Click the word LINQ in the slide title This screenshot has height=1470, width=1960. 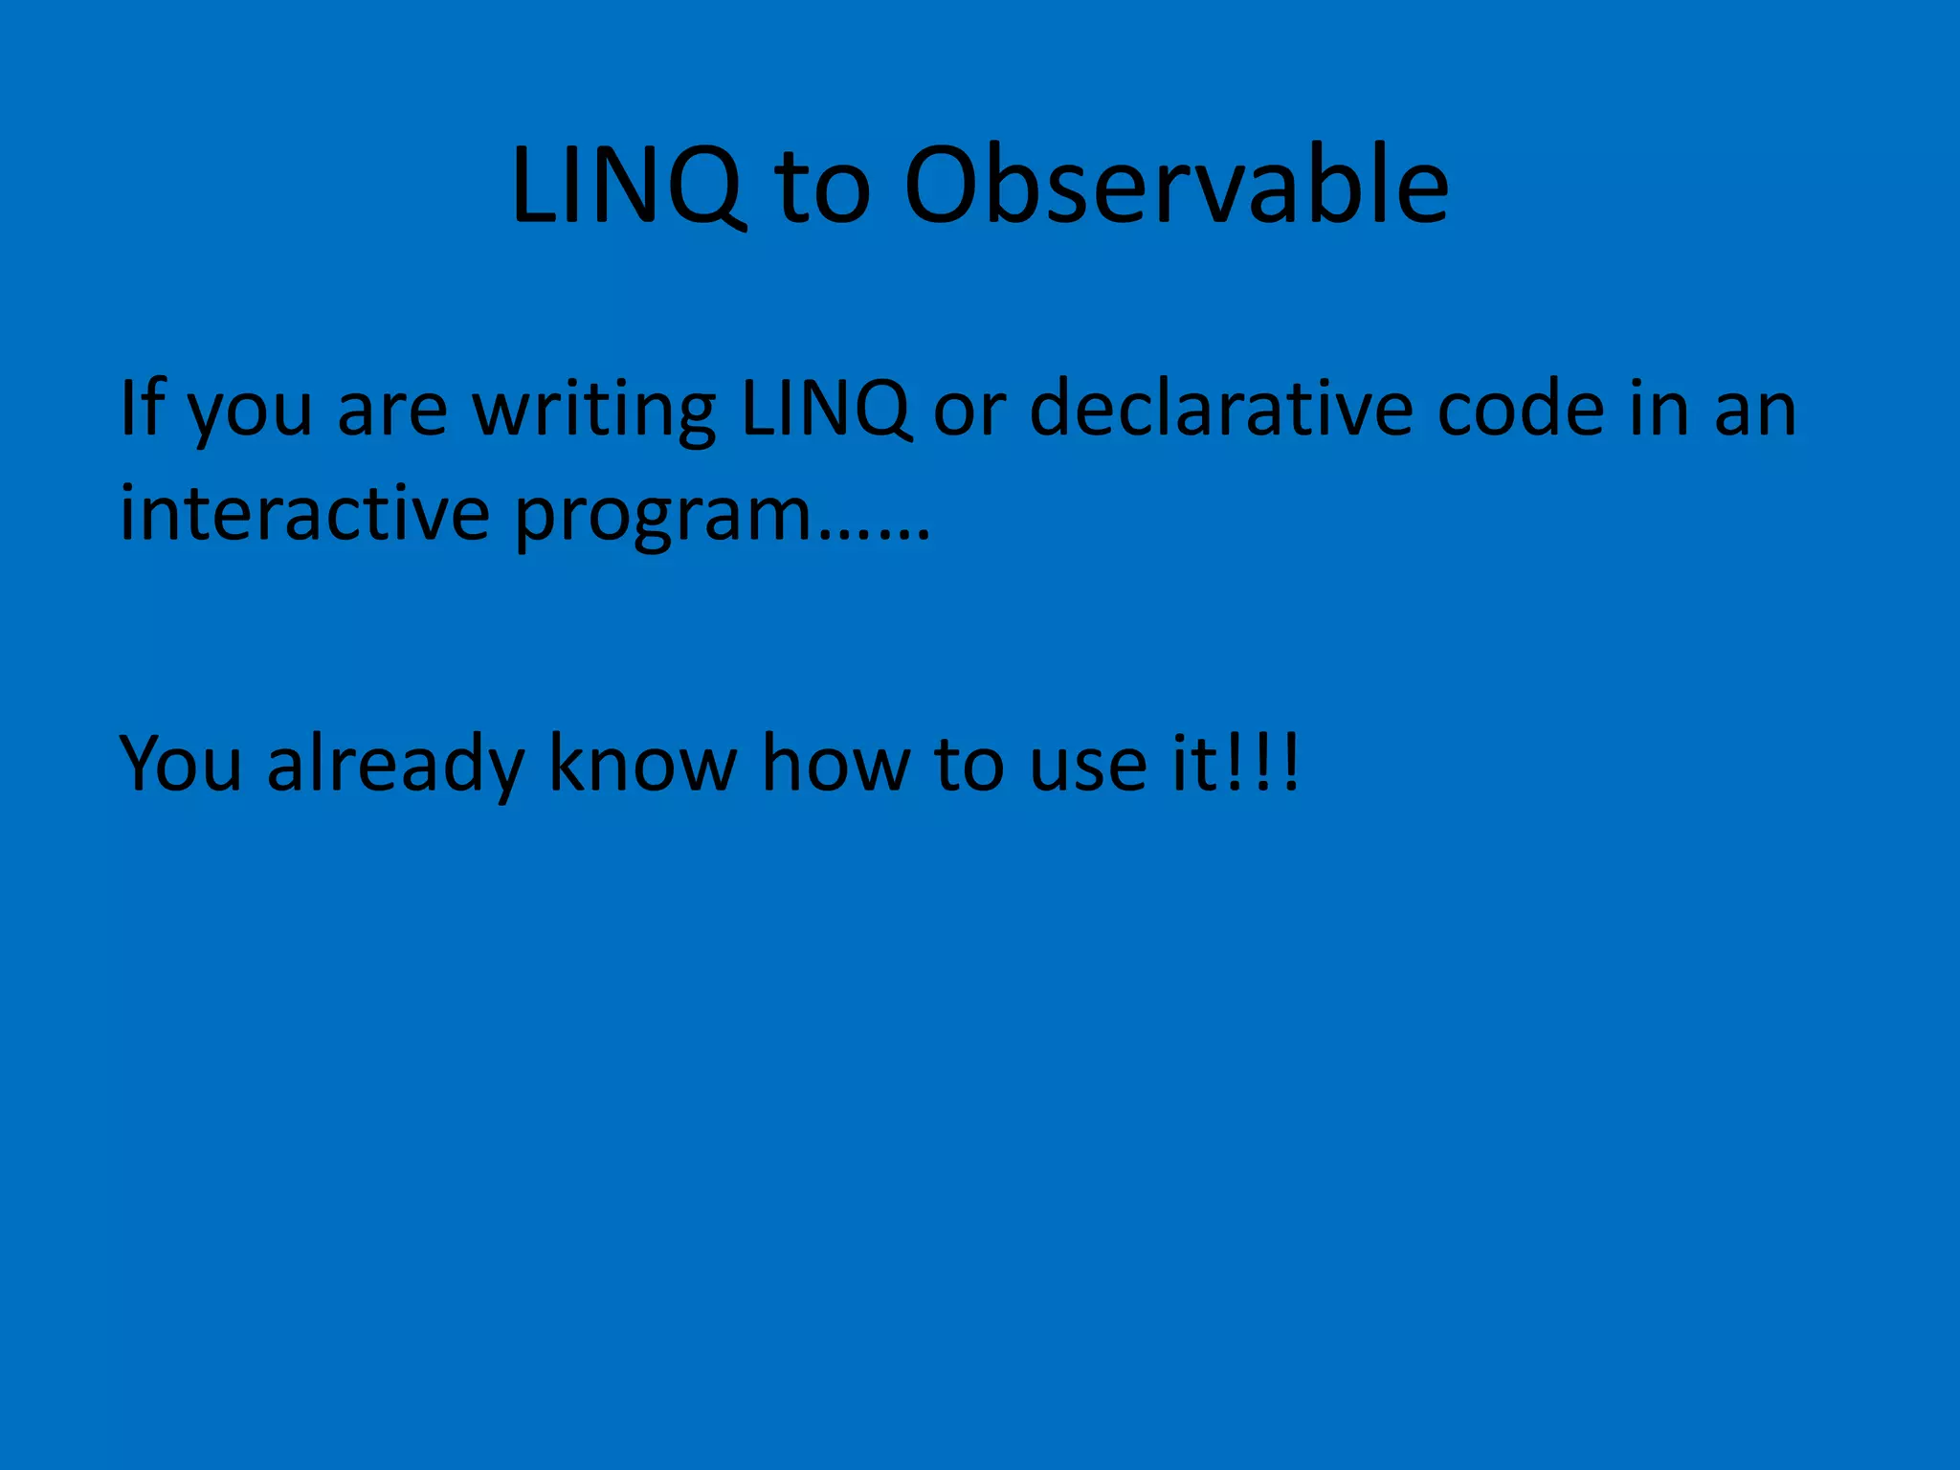(627, 187)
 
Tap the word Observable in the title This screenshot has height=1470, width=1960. (1176, 187)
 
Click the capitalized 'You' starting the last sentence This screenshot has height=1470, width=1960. (180, 764)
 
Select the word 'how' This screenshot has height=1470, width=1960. (835, 764)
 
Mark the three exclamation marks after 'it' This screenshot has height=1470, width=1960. (1262, 764)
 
